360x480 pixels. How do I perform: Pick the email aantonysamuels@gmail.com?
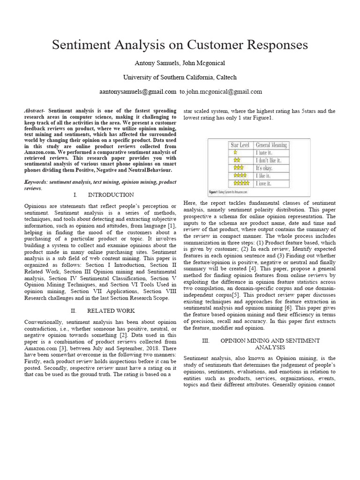pos(138,92)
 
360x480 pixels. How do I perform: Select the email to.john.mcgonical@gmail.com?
pos(221,92)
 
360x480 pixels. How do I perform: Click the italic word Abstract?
pos(35,111)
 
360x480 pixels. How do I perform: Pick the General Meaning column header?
pos(271,145)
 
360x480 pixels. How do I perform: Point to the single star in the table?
pos(235,153)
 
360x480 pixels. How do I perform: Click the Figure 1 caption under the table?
pos(230,192)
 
